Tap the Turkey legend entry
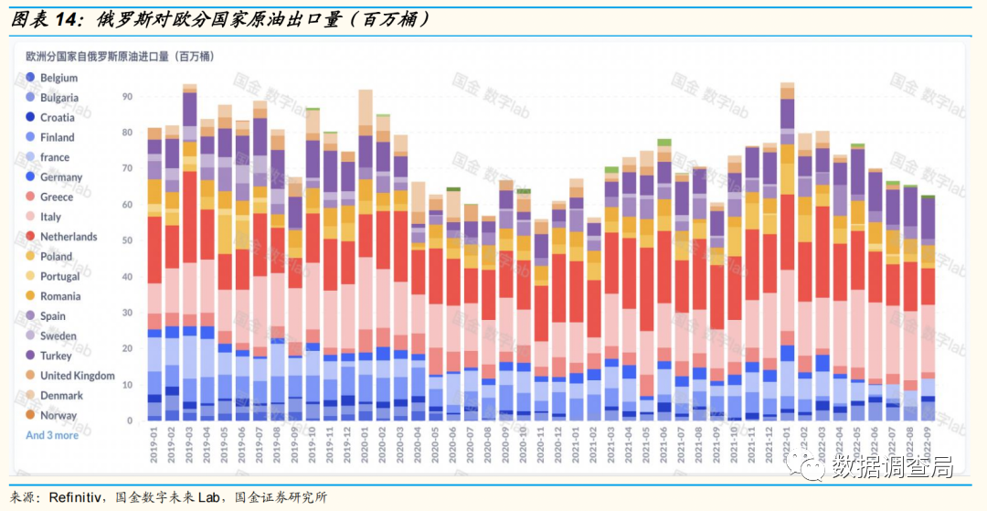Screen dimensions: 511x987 [55, 356]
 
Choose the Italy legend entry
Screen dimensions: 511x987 [50, 217]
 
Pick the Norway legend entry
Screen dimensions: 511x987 [58, 415]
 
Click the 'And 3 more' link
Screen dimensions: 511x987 [52, 435]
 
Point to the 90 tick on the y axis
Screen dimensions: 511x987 [127, 96]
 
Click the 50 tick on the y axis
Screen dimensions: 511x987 [127, 240]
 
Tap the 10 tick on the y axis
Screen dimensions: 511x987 [127, 385]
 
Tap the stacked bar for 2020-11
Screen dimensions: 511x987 [541, 320]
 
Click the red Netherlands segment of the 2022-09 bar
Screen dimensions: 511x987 [929, 286]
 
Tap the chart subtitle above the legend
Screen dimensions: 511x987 [120, 56]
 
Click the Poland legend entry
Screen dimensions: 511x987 [56, 257]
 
